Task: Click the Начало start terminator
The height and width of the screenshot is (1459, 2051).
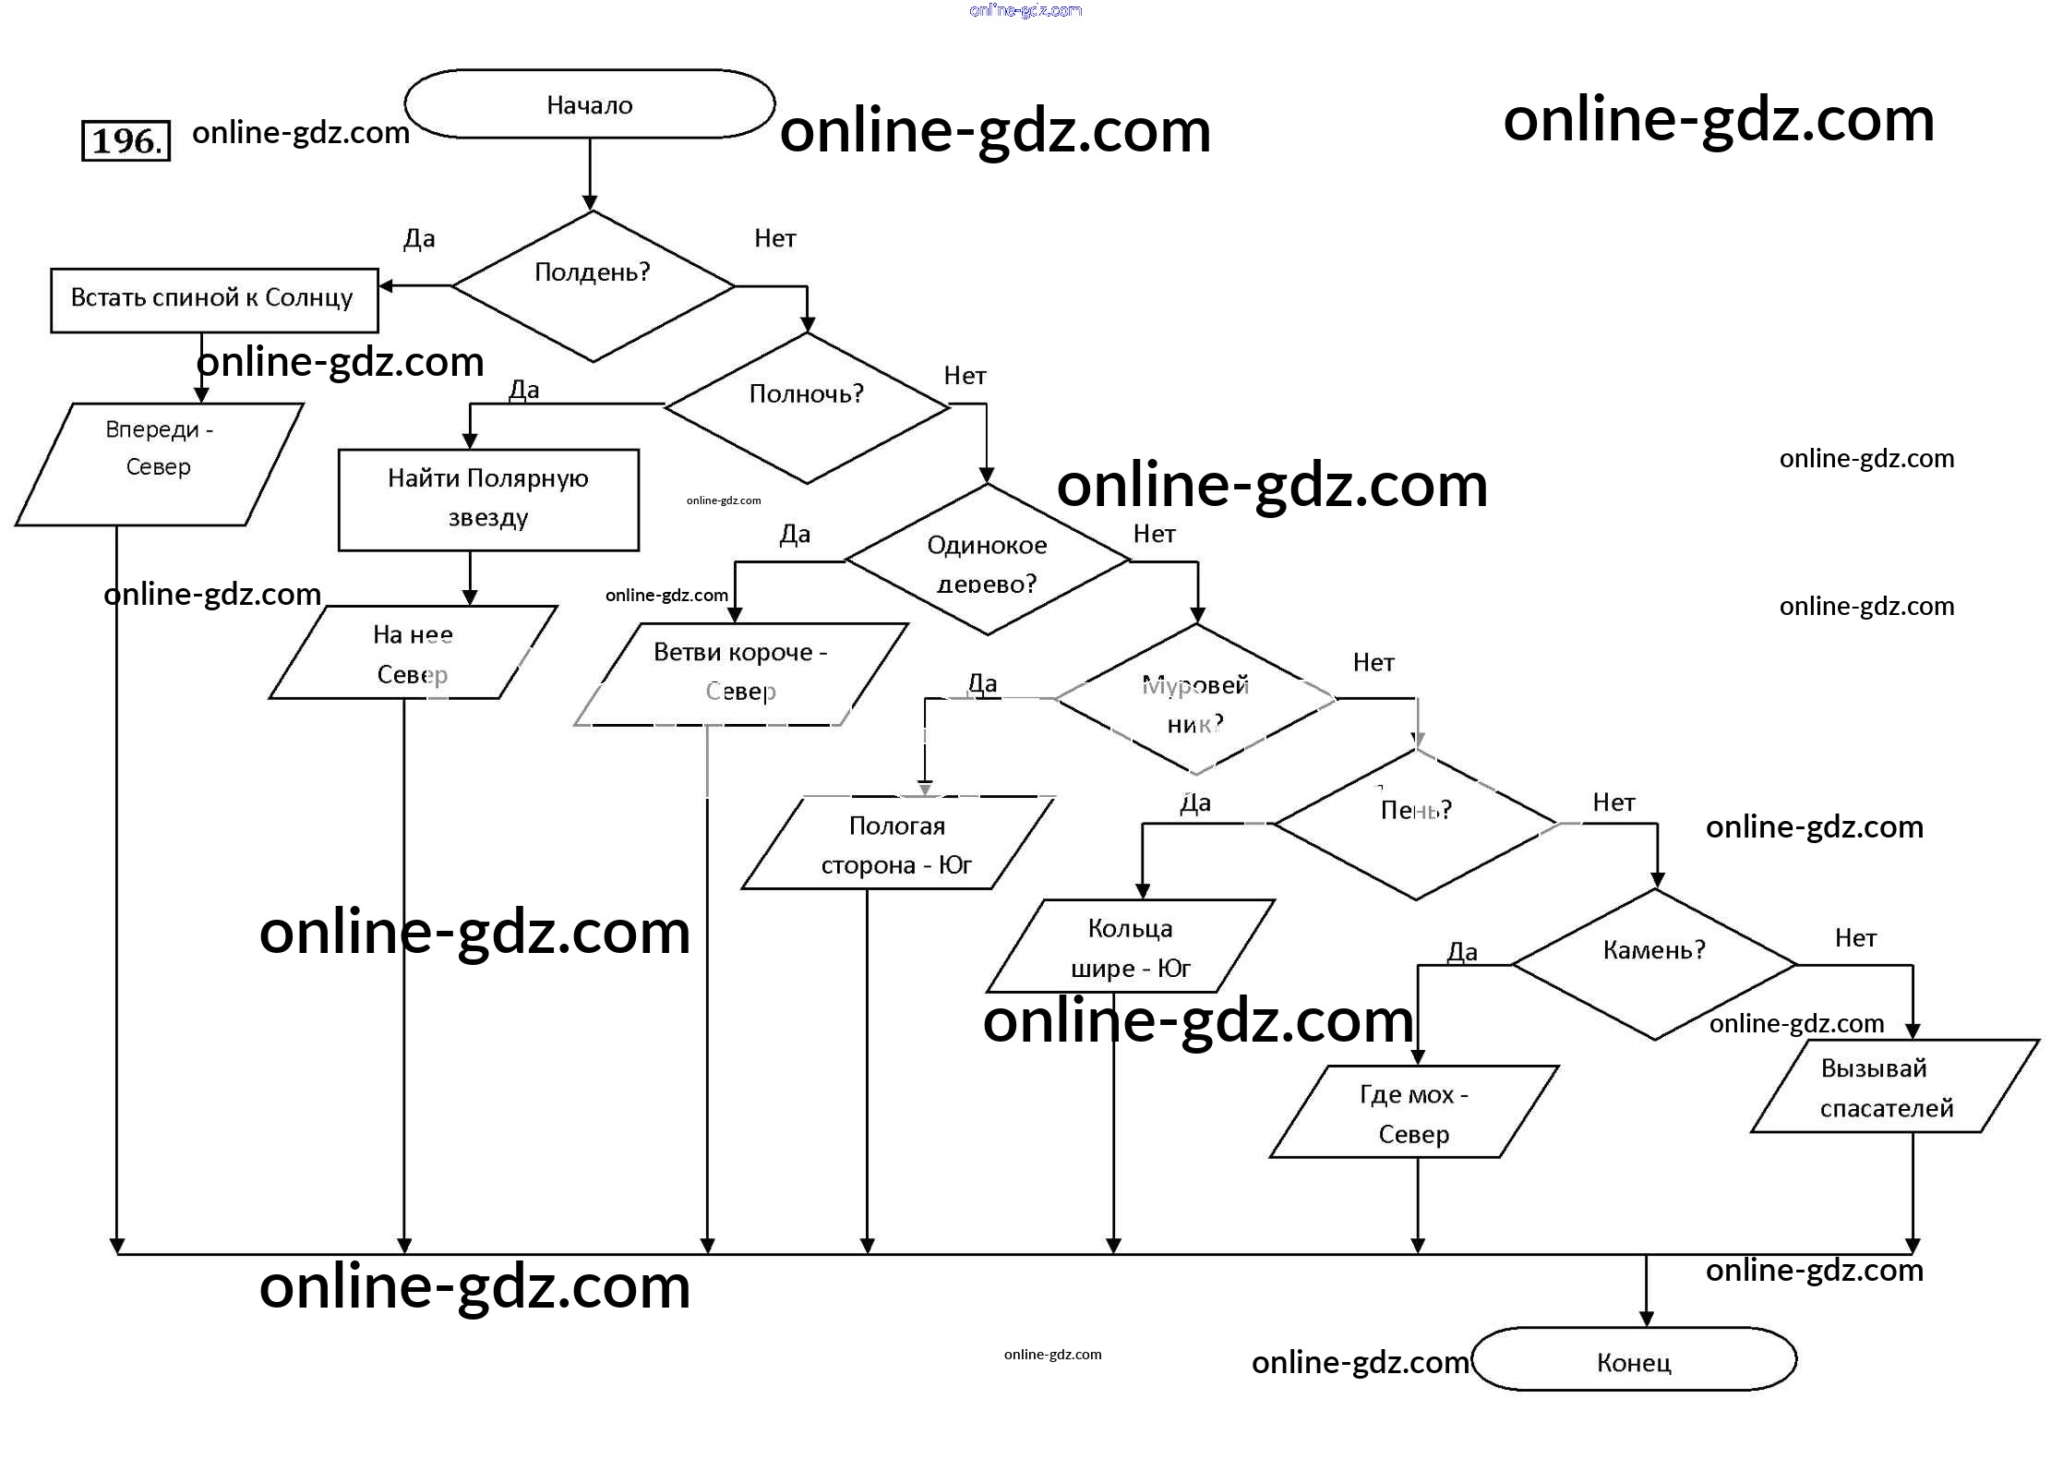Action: (589, 104)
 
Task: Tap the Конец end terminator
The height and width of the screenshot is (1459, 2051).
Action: (1633, 1360)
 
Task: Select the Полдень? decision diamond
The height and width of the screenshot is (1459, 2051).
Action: (593, 285)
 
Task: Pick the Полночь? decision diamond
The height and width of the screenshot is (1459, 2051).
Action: (806, 406)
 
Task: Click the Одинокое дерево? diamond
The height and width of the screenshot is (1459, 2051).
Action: (987, 561)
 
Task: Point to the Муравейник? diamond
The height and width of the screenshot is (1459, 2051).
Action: (1195, 700)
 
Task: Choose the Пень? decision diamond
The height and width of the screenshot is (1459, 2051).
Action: (1416, 823)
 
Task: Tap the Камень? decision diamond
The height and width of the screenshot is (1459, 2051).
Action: (1654, 963)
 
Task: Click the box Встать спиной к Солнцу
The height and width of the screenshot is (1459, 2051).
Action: (213, 299)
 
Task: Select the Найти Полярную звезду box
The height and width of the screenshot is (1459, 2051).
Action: (488, 500)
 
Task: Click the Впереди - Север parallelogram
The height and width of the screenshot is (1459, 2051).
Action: (159, 464)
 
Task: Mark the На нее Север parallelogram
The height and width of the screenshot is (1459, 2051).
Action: (413, 653)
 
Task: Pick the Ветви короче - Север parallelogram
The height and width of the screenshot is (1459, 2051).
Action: (740, 673)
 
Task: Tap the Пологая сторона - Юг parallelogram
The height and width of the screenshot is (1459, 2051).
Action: (896, 844)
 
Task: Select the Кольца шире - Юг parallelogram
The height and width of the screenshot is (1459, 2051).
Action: (1130, 947)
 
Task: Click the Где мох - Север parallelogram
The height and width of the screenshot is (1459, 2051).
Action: (1413, 1112)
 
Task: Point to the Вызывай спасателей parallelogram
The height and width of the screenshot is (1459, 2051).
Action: (1886, 1087)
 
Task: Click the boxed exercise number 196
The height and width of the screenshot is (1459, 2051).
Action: (126, 141)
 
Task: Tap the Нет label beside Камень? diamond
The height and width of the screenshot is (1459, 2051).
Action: (1855, 938)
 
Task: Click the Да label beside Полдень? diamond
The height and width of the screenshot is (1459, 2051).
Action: (419, 239)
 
